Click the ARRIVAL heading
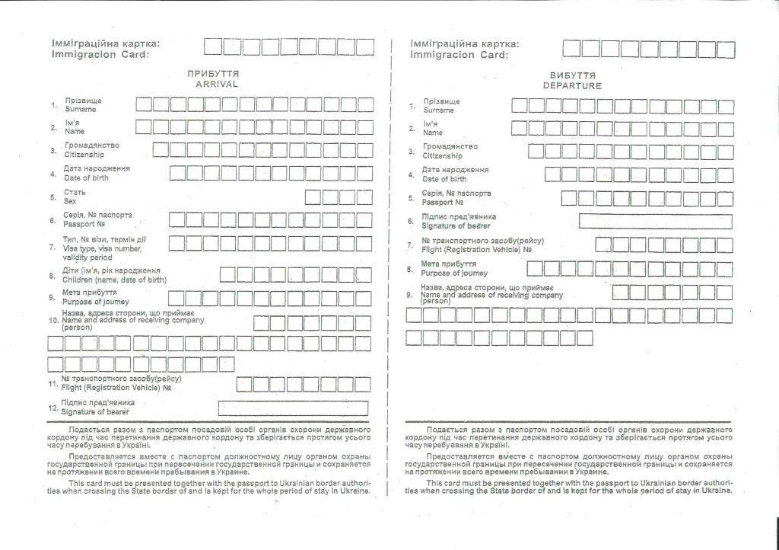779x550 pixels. coord(217,85)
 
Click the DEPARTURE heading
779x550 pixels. coord(572,86)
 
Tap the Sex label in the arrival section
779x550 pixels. coord(70,201)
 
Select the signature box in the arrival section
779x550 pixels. coord(293,408)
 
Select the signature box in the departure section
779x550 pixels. coord(655,222)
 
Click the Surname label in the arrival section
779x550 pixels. coord(81,109)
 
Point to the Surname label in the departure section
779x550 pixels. coord(438,110)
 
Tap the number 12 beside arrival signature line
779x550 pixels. coord(53,408)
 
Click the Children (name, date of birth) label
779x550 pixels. coord(114,280)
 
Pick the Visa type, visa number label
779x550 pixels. coord(102,248)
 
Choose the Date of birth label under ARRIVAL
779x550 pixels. coord(86,177)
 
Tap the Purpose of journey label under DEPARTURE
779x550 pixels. coord(455,273)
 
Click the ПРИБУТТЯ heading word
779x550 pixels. coord(214,74)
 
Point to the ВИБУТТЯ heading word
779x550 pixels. coord(572,75)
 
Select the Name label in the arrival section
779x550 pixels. coord(75,131)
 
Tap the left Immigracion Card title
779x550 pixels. coord(100,54)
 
